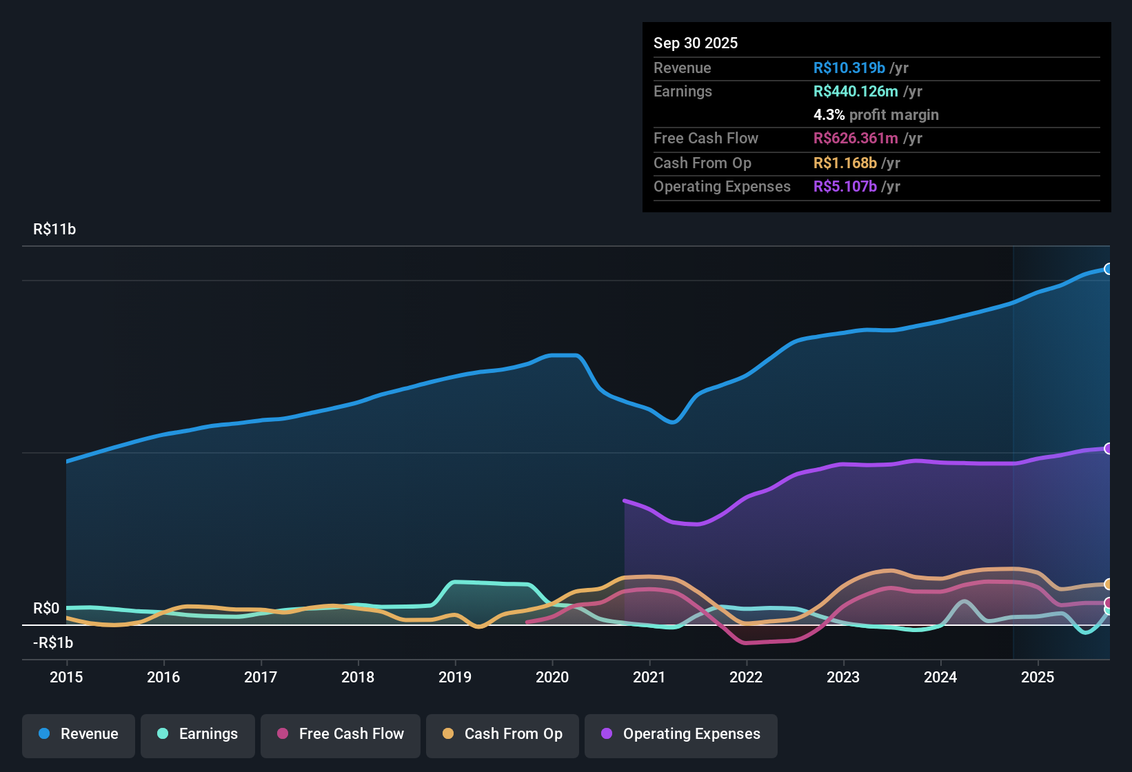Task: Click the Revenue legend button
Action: pos(79,734)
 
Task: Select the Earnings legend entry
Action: pos(198,734)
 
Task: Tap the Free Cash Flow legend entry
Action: pos(341,734)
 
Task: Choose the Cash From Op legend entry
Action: pos(503,734)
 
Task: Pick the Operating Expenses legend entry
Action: pos(681,734)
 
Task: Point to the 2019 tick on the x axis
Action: pos(455,677)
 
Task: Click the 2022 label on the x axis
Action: pos(746,677)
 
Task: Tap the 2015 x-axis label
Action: pos(66,677)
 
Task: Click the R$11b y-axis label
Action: pos(54,230)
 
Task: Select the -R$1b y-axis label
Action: pos(53,643)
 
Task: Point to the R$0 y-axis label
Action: pos(46,609)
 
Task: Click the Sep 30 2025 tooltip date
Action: pos(696,43)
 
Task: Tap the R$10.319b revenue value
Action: pos(849,68)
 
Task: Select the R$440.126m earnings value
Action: pos(856,91)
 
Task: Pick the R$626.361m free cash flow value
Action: pos(856,138)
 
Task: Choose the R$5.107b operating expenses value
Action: pos(845,186)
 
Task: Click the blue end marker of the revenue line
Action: pos(1108,269)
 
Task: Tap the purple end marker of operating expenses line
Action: pos(1108,449)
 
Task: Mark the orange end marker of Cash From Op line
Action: pos(1108,585)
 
